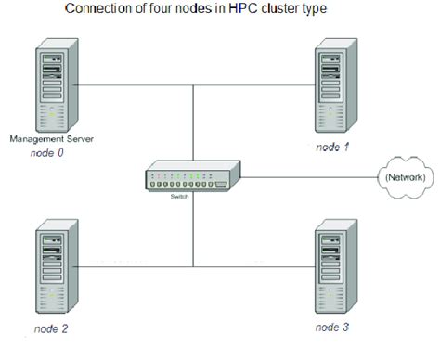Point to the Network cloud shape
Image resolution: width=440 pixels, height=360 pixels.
point(407,176)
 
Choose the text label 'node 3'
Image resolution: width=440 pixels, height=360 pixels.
point(331,328)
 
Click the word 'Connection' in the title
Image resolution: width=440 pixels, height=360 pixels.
point(97,10)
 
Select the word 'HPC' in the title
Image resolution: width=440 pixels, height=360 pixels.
point(257,10)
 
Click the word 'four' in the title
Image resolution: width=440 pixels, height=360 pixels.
point(162,10)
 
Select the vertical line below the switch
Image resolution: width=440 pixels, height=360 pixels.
point(192,232)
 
